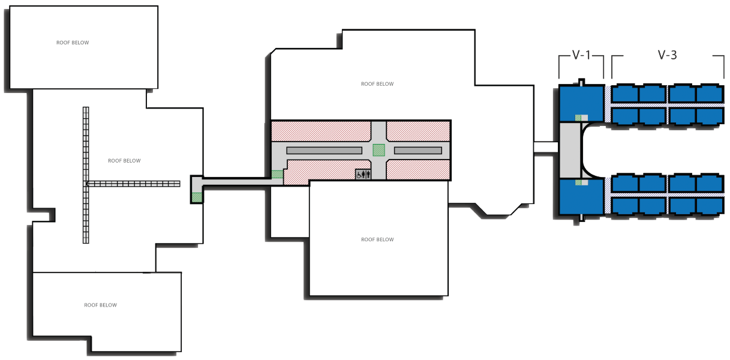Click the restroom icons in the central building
coord(364,174)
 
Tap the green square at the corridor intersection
coord(378,150)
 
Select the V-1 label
coord(581,55)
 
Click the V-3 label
coord(667,55)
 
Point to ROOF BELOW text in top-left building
coord(73,43)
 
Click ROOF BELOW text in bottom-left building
coord(100,305)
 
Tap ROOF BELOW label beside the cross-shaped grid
coord(124,161)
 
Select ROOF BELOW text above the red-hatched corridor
coord(377,84)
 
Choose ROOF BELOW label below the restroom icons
coord(377,239)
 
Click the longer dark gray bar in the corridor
coord(324,150)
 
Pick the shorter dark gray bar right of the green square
coord(418,150)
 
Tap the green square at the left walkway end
coord(197,197)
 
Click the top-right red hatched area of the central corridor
coord(418,130)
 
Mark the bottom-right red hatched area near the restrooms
coord(418,169)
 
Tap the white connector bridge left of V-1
coord(546,148)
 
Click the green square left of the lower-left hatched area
coord(277,174)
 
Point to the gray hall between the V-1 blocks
coord(570,150)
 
